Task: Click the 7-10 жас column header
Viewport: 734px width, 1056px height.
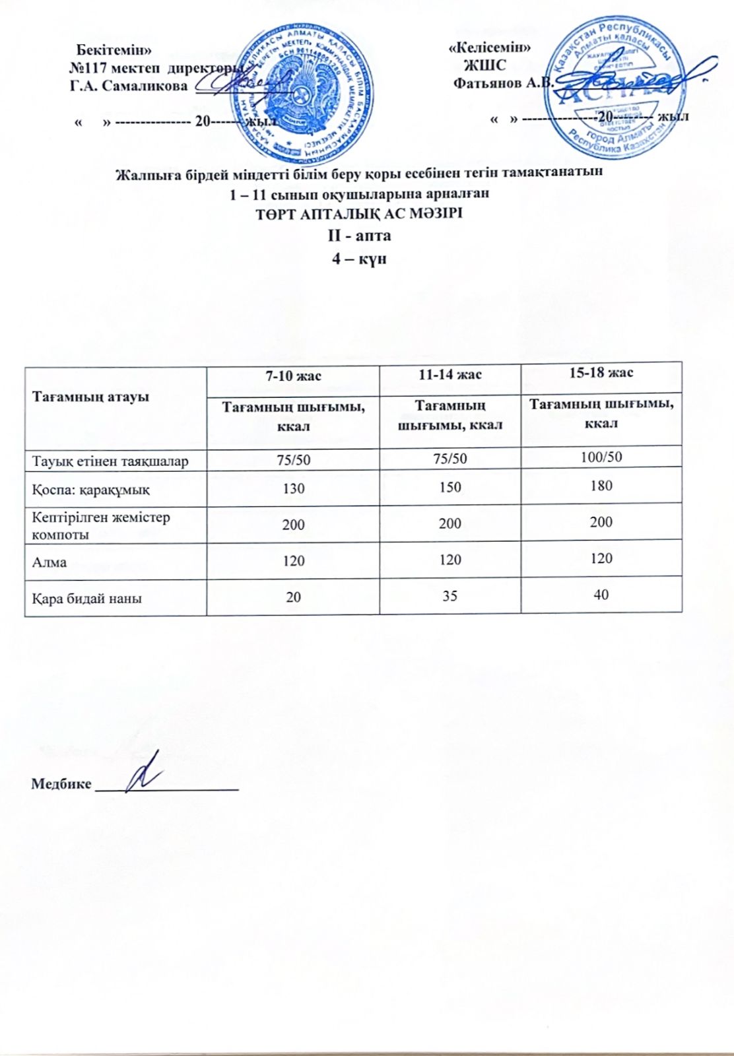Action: coord(293,376)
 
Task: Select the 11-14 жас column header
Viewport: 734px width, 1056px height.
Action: coord(450,374)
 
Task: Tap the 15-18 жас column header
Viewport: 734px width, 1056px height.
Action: coord(601,372)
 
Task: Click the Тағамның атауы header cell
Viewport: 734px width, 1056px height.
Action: coord(90,397)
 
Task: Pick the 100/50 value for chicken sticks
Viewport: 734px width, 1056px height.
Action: coord(601,456)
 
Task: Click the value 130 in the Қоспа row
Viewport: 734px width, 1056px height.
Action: coord(293,488)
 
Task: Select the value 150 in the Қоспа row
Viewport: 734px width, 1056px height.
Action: coord(450,487)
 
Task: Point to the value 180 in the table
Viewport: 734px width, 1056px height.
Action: coord(601,486)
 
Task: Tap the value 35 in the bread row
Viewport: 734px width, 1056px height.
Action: coord(450,596)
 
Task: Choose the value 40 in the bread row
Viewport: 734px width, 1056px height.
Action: coord(601,595)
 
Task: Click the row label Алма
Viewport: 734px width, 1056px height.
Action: coord(50,562)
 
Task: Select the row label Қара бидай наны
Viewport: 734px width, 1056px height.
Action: coord(86,599)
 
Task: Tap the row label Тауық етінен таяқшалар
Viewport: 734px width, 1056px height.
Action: coord(110,461)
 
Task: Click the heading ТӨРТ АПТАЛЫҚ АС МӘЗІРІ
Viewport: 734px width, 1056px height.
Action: coord(359,214)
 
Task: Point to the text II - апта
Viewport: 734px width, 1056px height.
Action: coord(359,236)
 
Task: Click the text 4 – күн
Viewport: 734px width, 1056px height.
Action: coord(359,258)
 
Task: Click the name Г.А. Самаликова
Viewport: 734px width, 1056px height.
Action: coord(129,86)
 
